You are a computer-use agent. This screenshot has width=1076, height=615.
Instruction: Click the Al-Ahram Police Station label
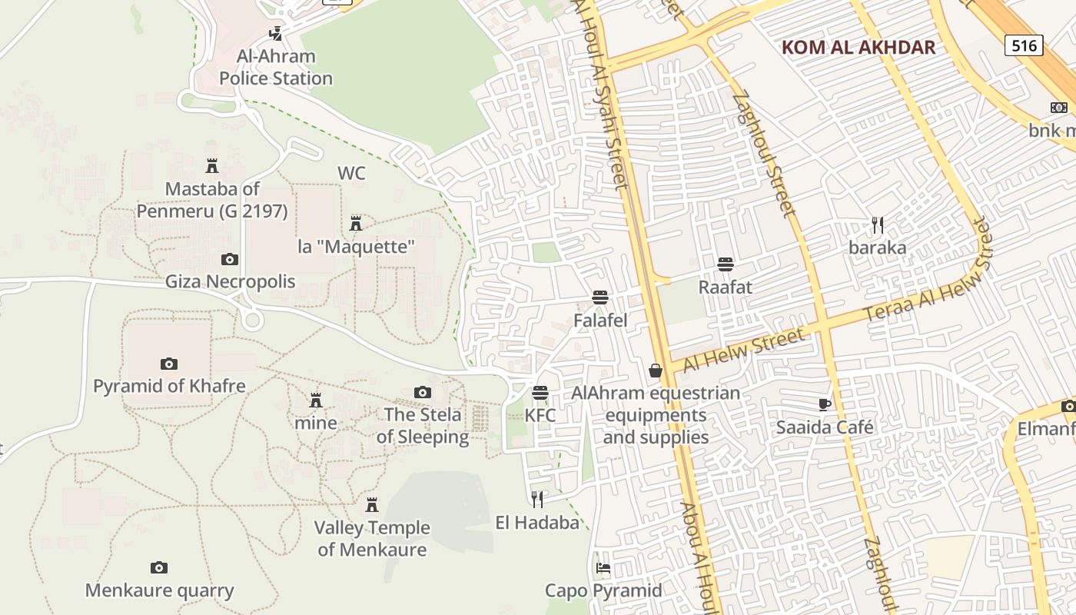(x=276, y=68)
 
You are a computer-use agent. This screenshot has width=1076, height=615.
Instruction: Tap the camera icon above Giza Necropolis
(x=230, y=260)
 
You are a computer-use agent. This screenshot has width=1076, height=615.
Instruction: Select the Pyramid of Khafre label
(x=169, y=386)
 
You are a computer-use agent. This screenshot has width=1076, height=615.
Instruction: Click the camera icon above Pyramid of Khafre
(x=169, y=364)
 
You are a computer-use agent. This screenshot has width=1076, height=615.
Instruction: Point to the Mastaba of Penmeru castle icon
(x=212, y=165)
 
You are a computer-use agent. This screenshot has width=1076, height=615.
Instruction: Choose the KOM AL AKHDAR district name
(x=858, y=48)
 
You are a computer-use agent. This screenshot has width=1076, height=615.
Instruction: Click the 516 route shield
(x=1024, y=45)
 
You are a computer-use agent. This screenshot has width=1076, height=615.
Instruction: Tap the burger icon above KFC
(x=540, y=393)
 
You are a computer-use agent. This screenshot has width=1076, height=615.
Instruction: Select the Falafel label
(x=600, y=321)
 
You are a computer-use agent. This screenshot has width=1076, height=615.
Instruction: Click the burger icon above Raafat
(x=725, y=264)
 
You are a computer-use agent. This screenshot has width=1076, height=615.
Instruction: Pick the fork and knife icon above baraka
(x=878, y=225)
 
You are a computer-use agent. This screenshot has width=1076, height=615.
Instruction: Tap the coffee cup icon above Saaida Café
(x=825, y=404)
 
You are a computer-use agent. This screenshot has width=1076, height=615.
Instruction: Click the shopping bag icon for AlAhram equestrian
(x=656, y=371)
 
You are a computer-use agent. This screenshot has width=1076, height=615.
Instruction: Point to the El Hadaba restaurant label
(x=537, y=524)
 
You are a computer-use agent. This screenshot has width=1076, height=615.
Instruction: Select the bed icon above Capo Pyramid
(x=603, y=568)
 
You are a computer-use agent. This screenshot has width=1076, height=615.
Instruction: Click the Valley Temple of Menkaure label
(x=372, y=539)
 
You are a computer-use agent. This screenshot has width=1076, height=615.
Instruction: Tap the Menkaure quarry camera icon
(x=159, y=568)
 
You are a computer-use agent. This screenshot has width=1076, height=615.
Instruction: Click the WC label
(x=351, y=174)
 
